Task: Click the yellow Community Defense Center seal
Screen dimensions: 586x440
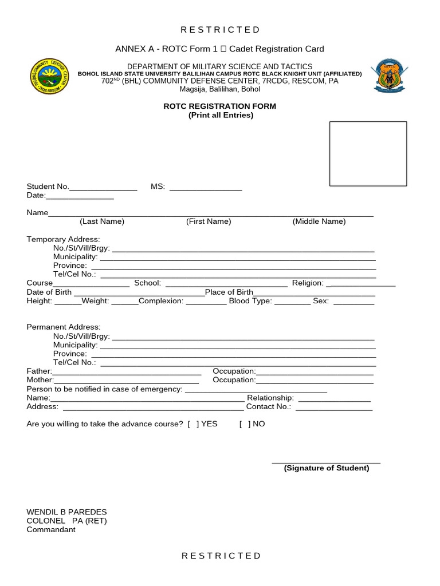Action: [50, 77]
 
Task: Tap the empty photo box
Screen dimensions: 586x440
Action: [368, 153]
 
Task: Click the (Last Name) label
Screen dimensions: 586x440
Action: [102, 221]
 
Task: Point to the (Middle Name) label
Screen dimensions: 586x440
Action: [319, 221]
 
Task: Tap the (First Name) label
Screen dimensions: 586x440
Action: [209, 221]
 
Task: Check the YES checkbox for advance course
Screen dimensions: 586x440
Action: [193, 425]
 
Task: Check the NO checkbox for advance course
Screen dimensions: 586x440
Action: [245, 425]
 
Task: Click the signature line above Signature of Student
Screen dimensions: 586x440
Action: [325, 461]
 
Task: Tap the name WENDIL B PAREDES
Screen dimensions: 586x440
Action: [66, 512]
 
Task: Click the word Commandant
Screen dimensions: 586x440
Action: [51, 530]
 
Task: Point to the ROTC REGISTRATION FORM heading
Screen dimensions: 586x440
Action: [221, 106]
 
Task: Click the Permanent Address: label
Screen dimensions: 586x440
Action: [64, 327]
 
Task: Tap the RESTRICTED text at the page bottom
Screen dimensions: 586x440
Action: [221, 556]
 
